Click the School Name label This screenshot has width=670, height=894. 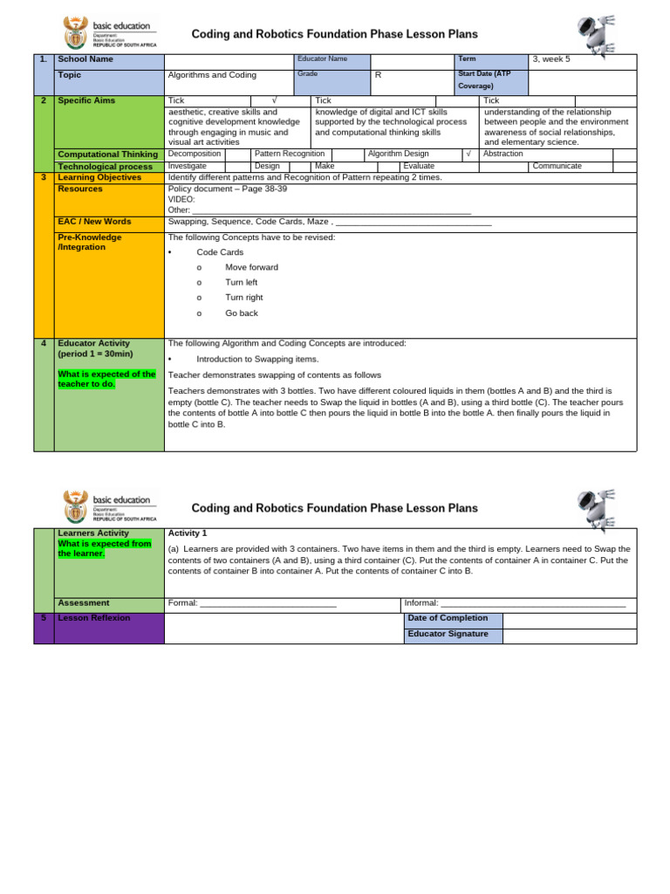[85, 59]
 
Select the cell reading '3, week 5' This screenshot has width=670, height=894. [550, 59]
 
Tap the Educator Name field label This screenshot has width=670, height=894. [322, 58]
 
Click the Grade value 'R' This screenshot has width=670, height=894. [378, 75]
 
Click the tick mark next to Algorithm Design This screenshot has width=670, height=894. [468, 154]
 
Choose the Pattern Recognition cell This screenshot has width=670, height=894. [290, 154]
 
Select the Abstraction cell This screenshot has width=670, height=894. [503, 154]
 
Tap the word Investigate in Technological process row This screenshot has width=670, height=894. [188, 166]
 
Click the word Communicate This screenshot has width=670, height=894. [557, 166]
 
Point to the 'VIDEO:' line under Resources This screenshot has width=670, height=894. [181, 199]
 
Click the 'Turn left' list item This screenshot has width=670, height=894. [241, 283]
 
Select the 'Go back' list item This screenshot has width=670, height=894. [241, 313]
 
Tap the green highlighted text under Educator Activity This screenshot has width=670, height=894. [106, 379]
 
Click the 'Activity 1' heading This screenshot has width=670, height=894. [188, 533]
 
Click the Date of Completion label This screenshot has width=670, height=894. [448, 618]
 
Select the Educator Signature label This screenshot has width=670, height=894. [448, 634]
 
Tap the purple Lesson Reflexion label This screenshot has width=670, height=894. [93, 617]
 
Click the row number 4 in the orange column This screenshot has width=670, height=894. [44, 343]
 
